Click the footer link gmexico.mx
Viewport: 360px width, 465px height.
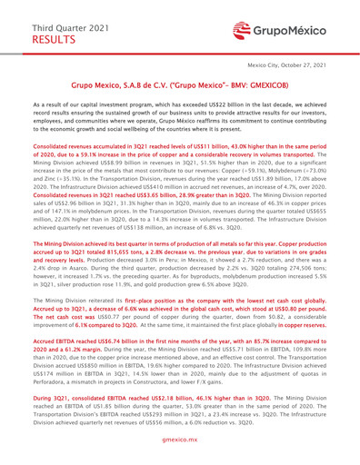tap(180, 454)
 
